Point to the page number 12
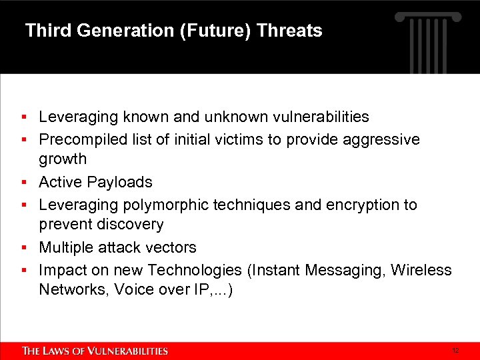click(455, 351)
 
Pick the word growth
click(63, 159)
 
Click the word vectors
click(172, 247)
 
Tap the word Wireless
click(421, 270)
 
